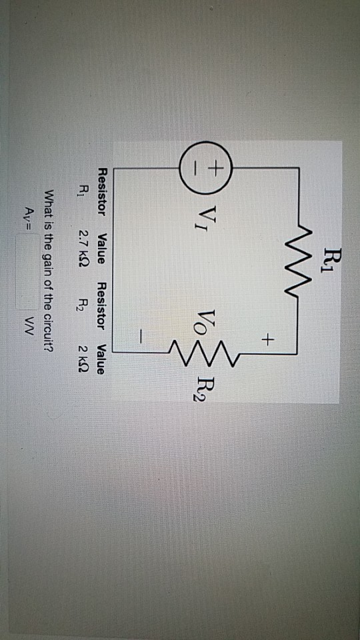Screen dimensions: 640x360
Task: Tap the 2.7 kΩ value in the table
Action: [84, 245]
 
